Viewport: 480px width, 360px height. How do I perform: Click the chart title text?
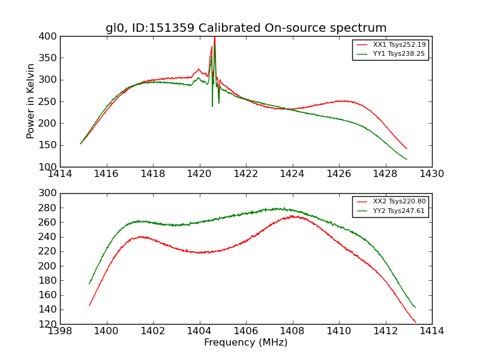click(x=246, y=28)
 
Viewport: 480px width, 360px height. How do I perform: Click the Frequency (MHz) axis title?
click(x=246, y=343)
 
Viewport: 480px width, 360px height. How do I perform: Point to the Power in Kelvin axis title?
click(x=31, y=101)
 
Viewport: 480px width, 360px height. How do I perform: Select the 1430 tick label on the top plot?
click(x=431, y=173)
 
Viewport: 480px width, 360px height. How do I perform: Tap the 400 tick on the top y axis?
click(x=49, y=37)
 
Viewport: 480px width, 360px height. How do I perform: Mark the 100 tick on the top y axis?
click(x=49, y=167)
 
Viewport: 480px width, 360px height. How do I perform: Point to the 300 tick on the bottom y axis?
click(x=49, y=193)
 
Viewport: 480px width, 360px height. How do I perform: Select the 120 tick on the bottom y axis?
click(x=49, y=324)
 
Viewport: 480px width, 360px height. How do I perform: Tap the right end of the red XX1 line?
click(x=406, y=148)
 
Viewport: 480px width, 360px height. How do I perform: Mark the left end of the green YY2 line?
click(x=89, y=284)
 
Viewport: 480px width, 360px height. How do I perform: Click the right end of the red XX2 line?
click(x=415, y=322)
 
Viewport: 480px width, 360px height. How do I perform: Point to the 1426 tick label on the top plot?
click(x=338, y=173)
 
